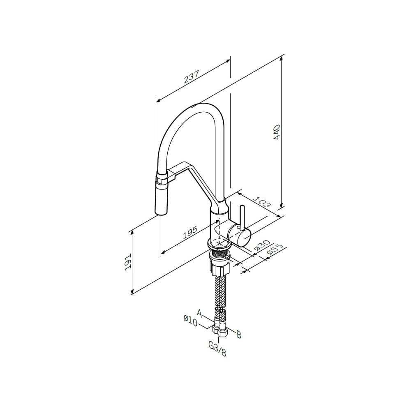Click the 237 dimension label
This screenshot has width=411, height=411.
(x=192, y=76)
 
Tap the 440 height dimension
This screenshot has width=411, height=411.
(x=277, y=132)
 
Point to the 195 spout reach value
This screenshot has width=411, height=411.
(x=190, y=232)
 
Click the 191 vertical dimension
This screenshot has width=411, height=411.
(x=127, y=262)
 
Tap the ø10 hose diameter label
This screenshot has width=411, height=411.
(x=190, y=321)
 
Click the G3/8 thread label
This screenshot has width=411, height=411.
(x=217, y=349)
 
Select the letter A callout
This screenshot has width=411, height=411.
(x=200, y=313)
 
